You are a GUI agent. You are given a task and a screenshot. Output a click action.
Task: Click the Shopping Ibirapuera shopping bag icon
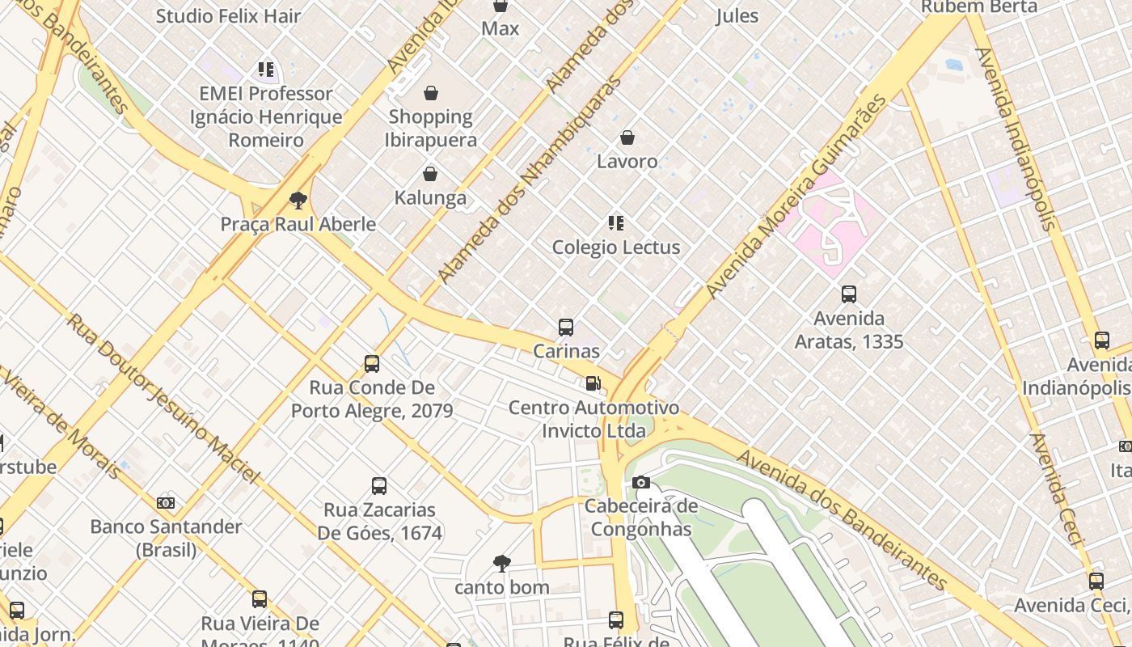(x=431, y=93)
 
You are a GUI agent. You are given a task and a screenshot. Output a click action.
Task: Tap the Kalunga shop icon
(x=430, y=174)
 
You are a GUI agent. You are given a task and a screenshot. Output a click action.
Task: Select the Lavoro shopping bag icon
(x=627, y=137)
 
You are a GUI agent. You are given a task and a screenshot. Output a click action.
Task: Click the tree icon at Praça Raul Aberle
(x=298, y=200)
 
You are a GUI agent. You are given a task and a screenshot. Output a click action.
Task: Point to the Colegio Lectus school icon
(x=616, y=222)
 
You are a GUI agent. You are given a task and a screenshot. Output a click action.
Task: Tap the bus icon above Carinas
(x=566, y=328)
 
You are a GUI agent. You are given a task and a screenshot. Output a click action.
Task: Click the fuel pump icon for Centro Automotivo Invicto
(x=593, y=383)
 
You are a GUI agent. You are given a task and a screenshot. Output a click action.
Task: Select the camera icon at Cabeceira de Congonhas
(x=641, y=483)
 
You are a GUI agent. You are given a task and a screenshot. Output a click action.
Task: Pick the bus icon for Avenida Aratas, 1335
(x=849, y=294)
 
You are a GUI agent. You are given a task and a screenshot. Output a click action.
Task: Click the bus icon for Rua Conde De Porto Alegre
(x=372, y=364)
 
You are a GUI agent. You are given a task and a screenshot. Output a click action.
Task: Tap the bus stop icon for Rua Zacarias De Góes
(x=379, y=486)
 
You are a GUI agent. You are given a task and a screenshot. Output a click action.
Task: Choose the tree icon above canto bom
(x=502, y=563)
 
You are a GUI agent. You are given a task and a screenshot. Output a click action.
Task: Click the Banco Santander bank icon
(x=166, y=503)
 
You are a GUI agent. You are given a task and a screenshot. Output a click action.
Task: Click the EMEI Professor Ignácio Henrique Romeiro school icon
(x=266, y=70)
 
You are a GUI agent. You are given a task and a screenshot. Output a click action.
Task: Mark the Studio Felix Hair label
(x=228, y=15)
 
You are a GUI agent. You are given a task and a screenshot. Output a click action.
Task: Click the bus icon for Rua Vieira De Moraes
(x=260, y=599)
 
